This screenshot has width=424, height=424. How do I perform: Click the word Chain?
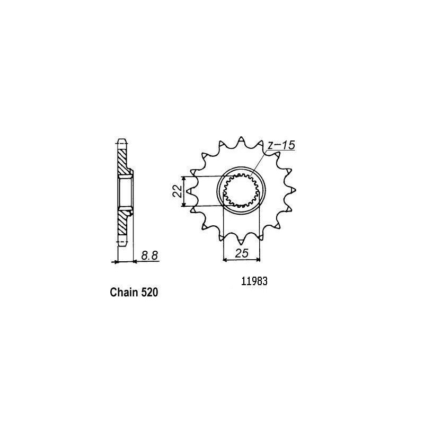coord(125,293)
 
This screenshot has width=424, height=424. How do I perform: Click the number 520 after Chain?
coord(149,293)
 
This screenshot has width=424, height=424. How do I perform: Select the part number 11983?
coord(254,281)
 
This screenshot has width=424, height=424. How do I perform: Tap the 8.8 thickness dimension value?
coord(149,255)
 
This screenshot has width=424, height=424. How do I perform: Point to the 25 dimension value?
coord(242,253)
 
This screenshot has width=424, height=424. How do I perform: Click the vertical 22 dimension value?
coord(178,191)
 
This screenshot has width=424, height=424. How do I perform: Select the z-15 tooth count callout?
coord(281,145)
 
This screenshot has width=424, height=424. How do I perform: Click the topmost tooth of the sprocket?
coord(241,141)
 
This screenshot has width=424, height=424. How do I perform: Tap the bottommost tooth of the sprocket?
coord(241,241)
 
